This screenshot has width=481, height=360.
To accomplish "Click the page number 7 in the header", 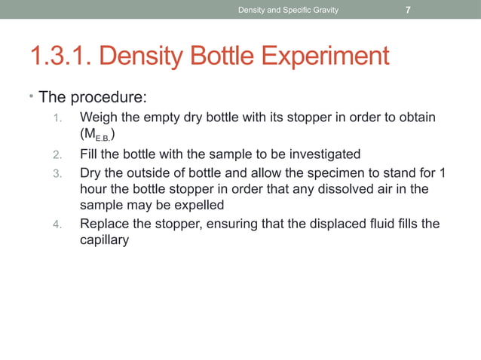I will (408, 10).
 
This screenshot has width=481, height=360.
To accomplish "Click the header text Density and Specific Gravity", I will (288, 10).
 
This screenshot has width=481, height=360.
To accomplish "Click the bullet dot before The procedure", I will (23, 97).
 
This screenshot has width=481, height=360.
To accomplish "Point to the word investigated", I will (323, 154).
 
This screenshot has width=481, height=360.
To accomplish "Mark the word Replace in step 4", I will (104, 224).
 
